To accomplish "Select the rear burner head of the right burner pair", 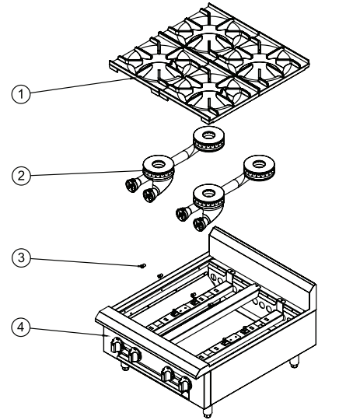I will point(259,166).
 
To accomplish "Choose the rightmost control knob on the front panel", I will point(183,382).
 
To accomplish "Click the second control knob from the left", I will point(134,355).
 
